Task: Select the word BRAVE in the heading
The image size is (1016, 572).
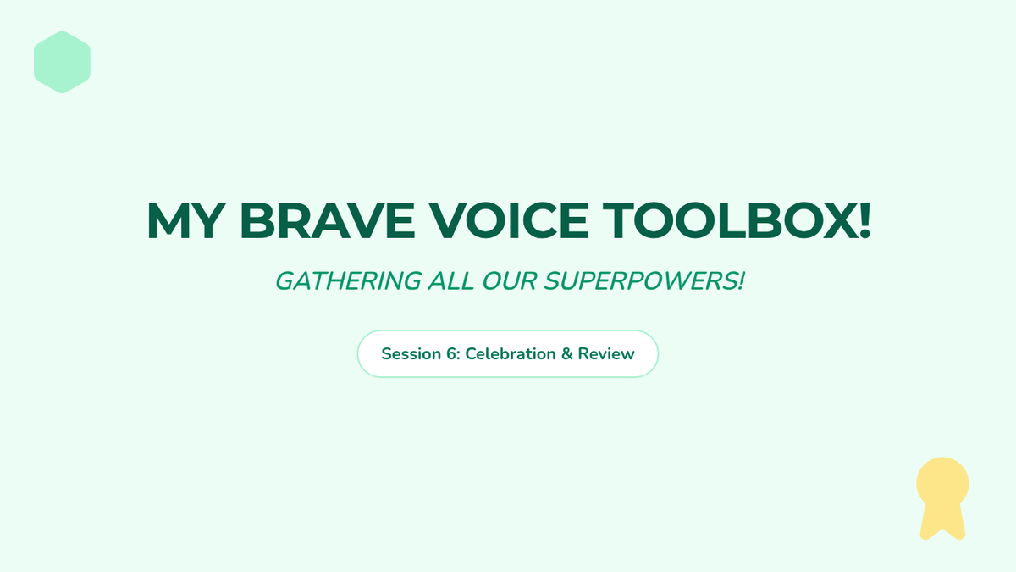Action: point(327,220)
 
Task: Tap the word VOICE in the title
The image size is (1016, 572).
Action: point(509,220)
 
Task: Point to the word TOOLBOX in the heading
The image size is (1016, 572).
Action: point(729,220)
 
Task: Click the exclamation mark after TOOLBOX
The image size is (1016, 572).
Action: point(864,220)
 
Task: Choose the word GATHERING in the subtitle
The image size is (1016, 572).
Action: point(348,281)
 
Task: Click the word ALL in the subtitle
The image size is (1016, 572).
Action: point(450,281)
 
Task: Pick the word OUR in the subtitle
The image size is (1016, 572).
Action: point(510,281)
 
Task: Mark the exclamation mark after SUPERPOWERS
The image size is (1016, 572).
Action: point(741,281)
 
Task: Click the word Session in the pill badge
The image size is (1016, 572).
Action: point(411,353)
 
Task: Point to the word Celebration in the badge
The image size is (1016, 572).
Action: point(511,353)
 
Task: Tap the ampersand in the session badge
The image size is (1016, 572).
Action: point(566,353)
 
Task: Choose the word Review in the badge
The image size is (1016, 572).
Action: point(606,353)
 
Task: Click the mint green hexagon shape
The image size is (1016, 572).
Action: point(62,62)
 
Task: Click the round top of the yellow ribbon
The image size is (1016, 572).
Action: point(942,483)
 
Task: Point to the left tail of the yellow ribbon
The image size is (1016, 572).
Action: point(930,522)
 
